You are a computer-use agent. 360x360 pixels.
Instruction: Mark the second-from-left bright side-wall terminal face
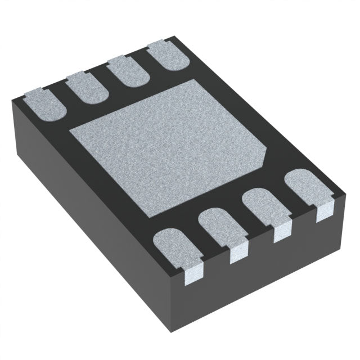239,253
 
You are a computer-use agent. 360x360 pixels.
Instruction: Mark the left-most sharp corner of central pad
69,130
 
